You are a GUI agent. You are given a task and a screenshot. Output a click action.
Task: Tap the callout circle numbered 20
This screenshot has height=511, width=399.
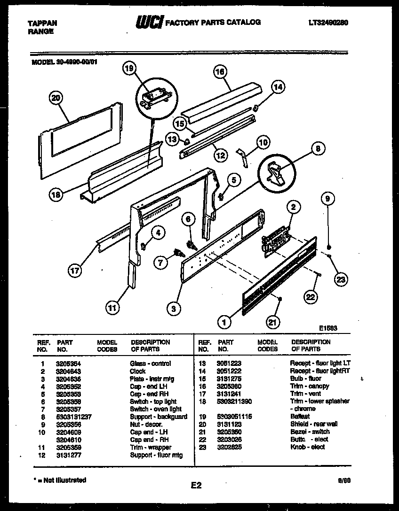click(56, 98)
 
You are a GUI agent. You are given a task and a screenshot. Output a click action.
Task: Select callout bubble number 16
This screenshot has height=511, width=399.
click(220, 72)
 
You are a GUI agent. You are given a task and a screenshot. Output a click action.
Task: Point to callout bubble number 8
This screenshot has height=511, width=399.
click(318, 149)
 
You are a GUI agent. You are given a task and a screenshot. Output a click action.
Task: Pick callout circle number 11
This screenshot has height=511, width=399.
click(112, 308)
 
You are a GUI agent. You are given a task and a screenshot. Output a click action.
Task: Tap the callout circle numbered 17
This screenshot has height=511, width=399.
click(74, 271)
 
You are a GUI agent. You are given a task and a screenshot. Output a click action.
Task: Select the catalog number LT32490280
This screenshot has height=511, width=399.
click(328, 23)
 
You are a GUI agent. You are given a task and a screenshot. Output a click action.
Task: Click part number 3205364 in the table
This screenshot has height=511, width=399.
click(68, 364)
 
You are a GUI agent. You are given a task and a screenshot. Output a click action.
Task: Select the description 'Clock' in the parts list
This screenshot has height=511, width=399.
click(138, 371)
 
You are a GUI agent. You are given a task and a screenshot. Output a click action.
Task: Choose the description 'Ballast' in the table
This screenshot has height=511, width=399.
click(300, 416)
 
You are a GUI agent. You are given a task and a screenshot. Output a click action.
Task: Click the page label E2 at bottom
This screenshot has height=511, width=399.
click(196, 486)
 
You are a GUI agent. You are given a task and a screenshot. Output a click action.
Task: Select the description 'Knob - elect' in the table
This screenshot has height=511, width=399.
click(307, 447)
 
